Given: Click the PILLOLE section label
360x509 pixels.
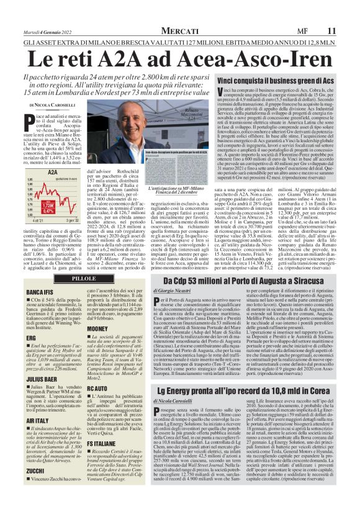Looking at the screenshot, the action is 84,278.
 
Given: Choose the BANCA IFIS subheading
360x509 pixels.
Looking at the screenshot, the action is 39,292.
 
